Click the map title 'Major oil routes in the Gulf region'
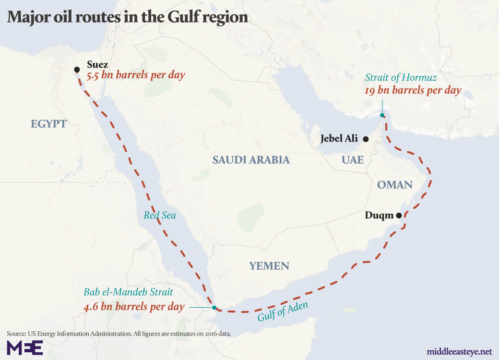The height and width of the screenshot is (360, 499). pos(127,18)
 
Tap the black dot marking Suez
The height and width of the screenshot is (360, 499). pos(77,70)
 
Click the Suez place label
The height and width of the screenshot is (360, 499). pos(97,64)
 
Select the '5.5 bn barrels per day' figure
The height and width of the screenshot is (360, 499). pos(136,75)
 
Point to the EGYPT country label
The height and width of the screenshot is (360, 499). pos(49,124)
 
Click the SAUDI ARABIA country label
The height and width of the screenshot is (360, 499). pos(251,160)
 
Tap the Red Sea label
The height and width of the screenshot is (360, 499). pos(160,216)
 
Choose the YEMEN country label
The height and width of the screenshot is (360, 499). pos(269,266)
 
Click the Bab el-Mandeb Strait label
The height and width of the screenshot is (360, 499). pos(128,291)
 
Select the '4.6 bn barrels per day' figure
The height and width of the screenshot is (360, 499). pos(134,306)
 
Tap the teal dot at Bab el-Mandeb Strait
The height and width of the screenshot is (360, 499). pos(214,308)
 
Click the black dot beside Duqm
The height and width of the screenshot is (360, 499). pos(399,216)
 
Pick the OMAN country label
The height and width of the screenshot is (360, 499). pos(394,185)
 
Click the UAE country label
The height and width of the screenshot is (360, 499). pos(353,160)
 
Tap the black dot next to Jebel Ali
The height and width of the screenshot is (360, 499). pos(366,139)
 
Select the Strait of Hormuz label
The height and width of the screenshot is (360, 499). pos(401,77)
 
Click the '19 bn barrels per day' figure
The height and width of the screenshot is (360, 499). pos(413,90)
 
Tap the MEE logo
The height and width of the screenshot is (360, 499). pos(24,347)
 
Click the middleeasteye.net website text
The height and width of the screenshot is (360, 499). pos(459,351)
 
